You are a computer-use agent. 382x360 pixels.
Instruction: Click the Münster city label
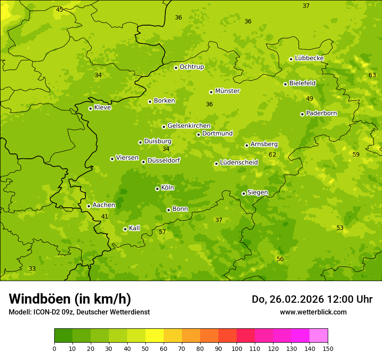(227, 91)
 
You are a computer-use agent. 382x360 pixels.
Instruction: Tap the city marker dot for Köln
(157, 189)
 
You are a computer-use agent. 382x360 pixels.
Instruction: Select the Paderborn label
(321, 113)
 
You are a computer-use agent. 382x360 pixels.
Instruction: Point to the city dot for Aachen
(89, 206)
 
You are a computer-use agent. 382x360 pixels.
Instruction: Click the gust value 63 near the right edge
(372, 75)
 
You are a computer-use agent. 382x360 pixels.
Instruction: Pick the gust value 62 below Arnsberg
(272, 154)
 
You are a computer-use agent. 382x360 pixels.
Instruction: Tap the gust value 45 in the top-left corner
(59, 10)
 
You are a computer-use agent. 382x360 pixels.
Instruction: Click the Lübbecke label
(309, 58)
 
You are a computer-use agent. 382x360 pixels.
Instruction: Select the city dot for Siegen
(244, 193)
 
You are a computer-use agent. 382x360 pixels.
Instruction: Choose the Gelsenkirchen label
(189, 126)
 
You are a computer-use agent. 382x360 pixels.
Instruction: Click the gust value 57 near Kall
(162, 232)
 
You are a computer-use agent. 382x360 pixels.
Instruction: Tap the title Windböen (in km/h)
(70, 299)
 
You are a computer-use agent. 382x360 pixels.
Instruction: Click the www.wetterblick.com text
(313, 312)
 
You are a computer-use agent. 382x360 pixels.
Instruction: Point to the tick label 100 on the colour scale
(237, 348)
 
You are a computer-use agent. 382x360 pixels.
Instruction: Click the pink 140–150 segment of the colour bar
(319, 335)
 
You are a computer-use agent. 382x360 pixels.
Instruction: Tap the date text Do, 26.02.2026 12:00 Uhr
(312, 299)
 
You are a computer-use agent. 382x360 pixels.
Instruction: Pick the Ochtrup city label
(191, 67)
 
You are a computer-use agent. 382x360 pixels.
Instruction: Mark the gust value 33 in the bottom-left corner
(32, 268)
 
